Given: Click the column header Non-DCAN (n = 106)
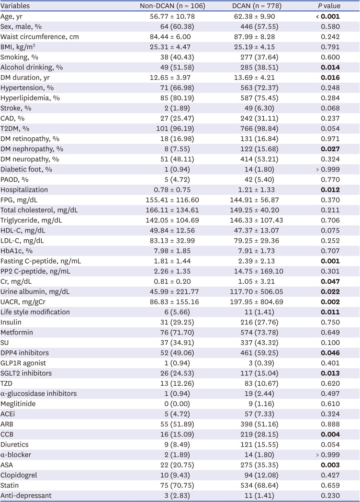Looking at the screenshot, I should point(172,6).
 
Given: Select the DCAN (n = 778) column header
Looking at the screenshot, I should point(257,6).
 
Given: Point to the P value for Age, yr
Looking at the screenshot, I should point(328,16).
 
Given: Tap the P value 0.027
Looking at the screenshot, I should point(330,149).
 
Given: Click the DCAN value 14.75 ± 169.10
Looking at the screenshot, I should point(257,271).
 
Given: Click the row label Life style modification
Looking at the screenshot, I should point(35,312).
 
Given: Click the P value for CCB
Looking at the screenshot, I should point(330,435).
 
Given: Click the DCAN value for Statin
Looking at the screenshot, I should point(257,485).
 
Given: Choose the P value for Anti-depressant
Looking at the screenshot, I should point(330,495).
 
